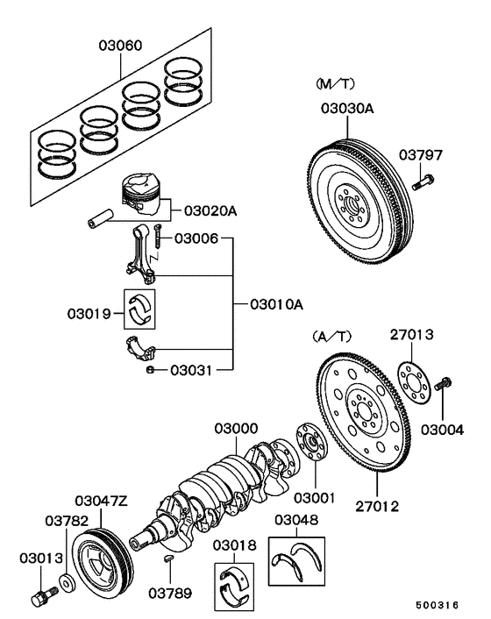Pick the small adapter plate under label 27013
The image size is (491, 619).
411,377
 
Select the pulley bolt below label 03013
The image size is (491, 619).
39,601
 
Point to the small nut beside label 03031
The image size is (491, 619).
150,370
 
